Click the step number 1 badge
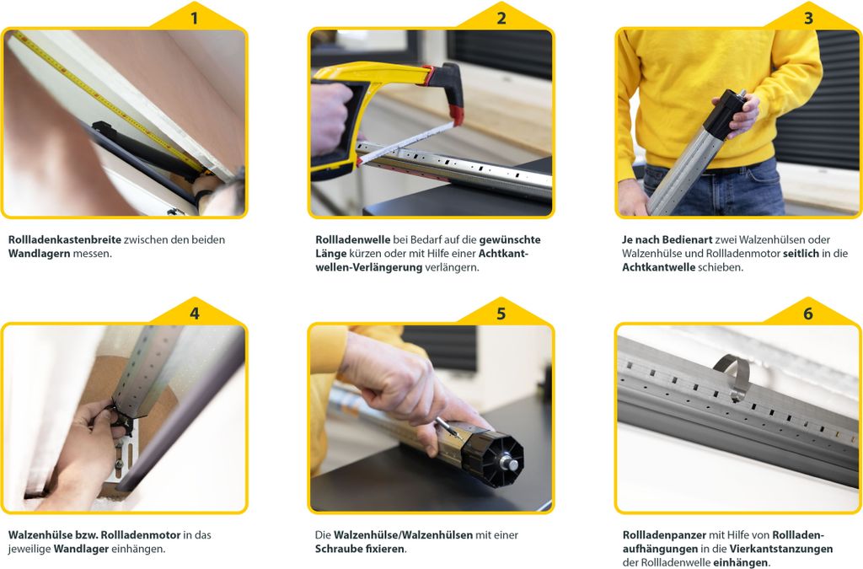[195, 19]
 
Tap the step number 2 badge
[501, 19]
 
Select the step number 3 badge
[808, 19]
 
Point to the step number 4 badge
[195, 313]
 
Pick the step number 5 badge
[501, 313]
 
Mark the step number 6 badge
[808, 313]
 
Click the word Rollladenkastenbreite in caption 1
[64, 239]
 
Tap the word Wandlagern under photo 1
[39, 254]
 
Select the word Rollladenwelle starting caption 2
[353, 239]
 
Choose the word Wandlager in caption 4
[81, 549]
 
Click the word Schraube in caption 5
[338, 549]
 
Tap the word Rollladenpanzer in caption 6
[664, 535]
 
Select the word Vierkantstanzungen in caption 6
[781, 549]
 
